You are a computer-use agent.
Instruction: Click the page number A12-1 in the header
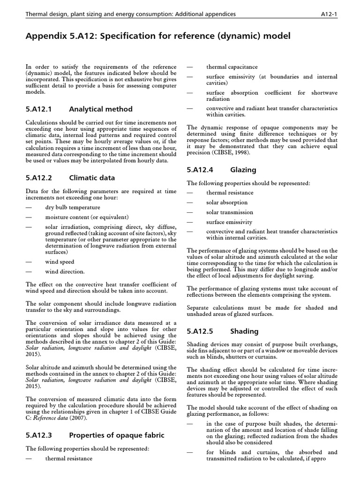pyautogui.click(x=327, y=14)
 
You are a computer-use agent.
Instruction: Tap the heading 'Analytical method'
pyautogui.click(x=100, y=109)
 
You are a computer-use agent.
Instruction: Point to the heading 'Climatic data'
pyautogui.click(x=91, y=178)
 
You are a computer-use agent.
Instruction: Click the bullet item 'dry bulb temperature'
pyautogui.click(x=72, y=207)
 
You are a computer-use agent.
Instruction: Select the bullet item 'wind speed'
pyautogui.click(x=60, y=262)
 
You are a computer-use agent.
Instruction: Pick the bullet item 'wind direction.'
pyautogui.click(x=65, y=271)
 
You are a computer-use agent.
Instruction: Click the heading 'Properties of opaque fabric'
pyautogui.click(x=117, y=435)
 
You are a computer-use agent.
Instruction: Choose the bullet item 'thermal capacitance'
pyautogui.click(x=232, y=67)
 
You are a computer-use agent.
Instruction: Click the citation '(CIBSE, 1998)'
pyautogui.click(x=234, y=152)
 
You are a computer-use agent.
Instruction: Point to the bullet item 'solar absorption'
pyautogui.click(x=227, y=202)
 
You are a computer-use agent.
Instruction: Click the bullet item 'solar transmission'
pyautogui.click(x=230, y=212)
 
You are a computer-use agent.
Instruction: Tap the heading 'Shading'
pyautogui.click(x=244, y=331)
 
